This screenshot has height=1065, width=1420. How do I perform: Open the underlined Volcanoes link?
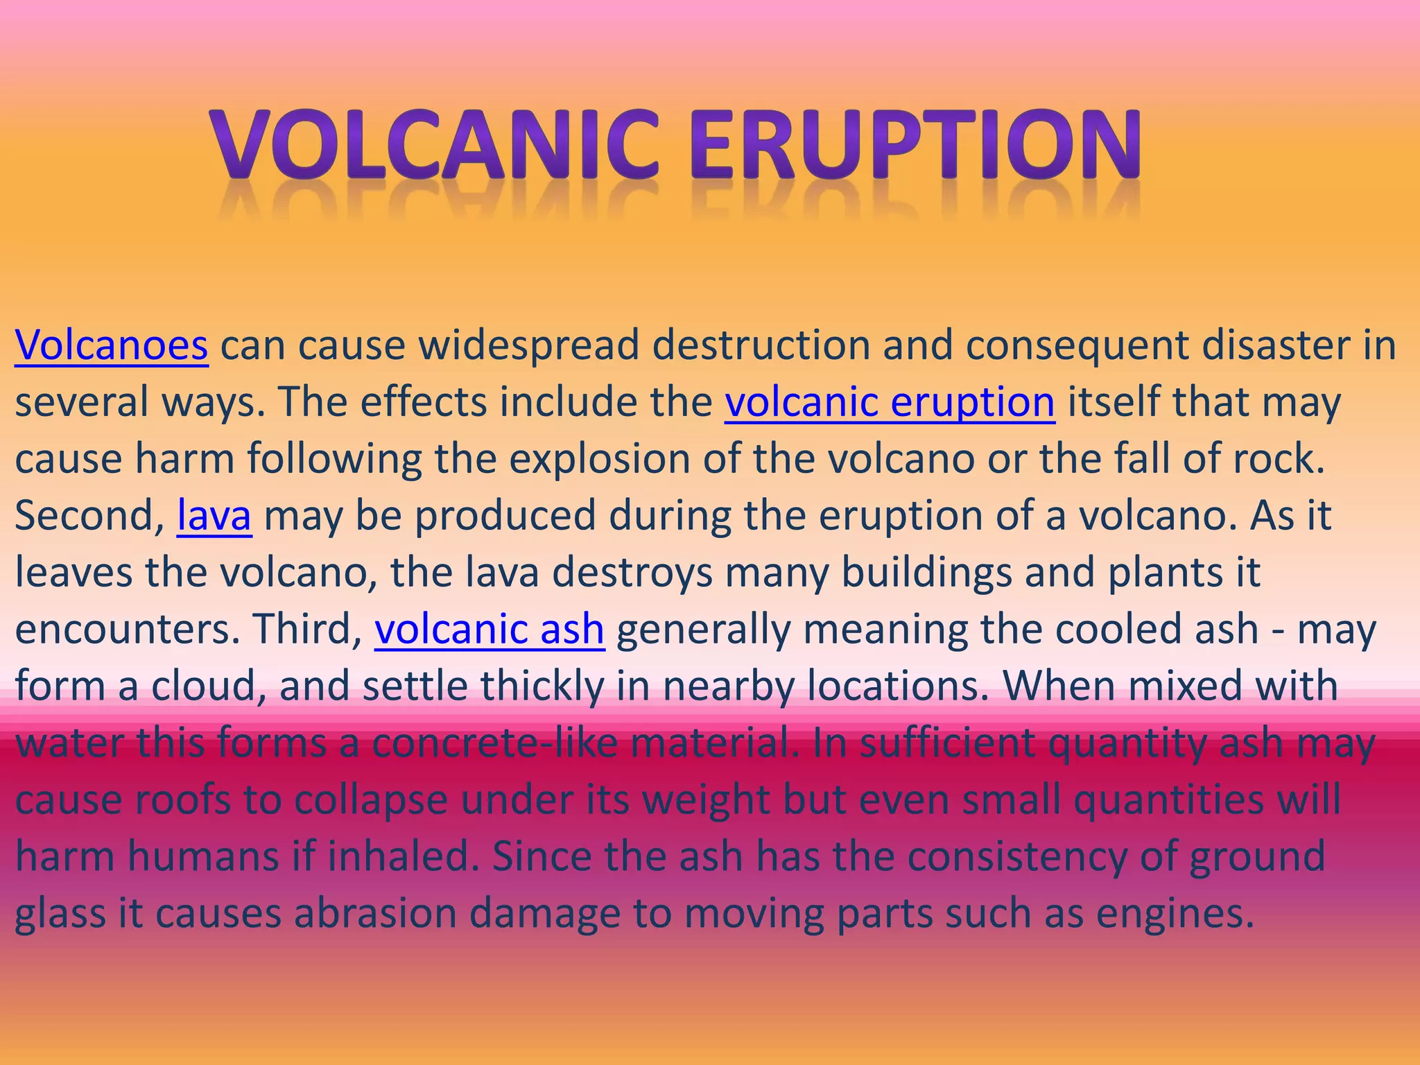[x=111, y=345]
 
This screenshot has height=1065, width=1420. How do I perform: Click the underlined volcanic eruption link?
[x=890, y=401]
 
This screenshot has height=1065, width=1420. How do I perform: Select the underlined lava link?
[x=214, y=516]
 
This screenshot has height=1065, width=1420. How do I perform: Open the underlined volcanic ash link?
[x=489, y=629]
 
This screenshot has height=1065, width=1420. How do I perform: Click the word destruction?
[x=761, y=345]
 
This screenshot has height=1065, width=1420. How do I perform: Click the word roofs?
[x=182, y=799]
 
